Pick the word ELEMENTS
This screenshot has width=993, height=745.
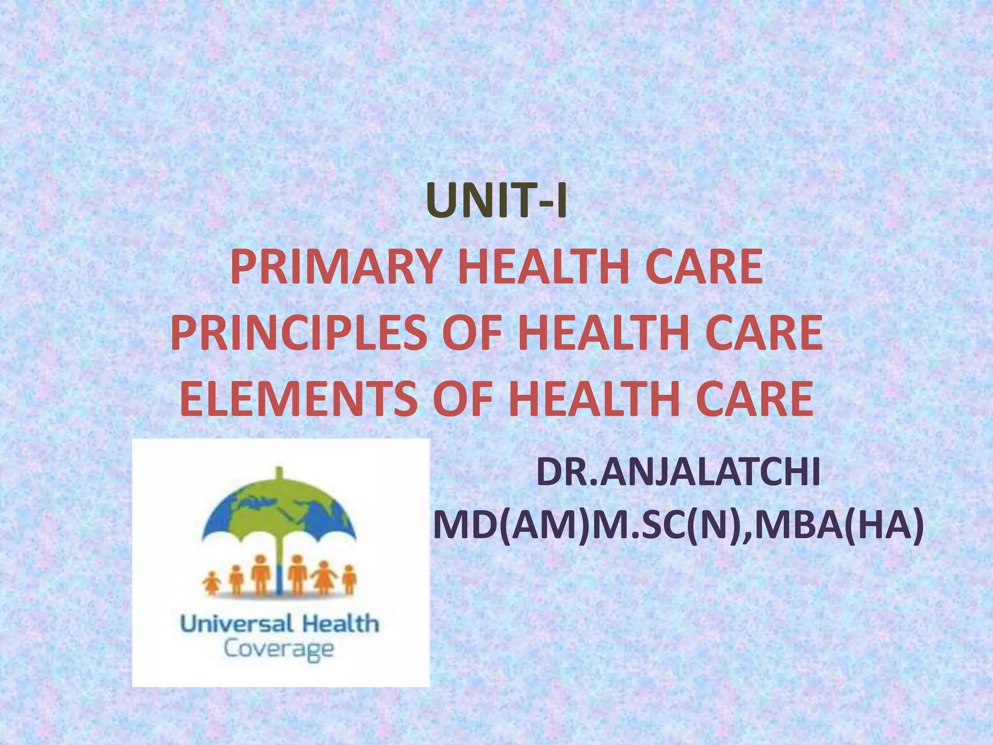(x=298, y=399)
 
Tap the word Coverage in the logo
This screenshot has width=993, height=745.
(x=279, y=649)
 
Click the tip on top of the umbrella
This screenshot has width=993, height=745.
(x=279, y=470)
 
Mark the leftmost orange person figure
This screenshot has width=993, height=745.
(x=212, y=583)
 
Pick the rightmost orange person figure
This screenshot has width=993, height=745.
(x=349, y=580)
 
